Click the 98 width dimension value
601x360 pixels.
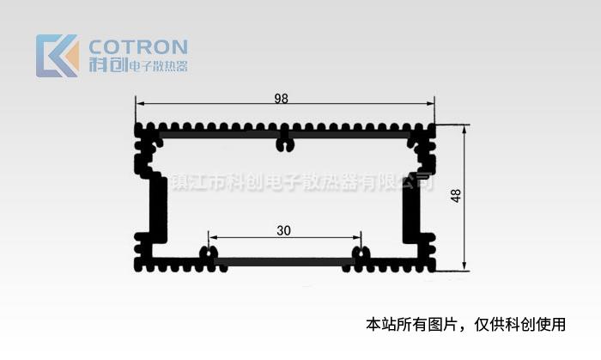pos(281,99)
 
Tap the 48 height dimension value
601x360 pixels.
pos(456,197)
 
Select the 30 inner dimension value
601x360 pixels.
pos(284,230)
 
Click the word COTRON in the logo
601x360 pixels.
pos(138,46)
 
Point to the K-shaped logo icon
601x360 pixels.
pos(57,56)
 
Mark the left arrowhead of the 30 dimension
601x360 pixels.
pos(211,237)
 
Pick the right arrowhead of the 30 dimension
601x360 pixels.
pos(357,237)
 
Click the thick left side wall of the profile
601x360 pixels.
pos(157,206)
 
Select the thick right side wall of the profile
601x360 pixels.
pos(410,206)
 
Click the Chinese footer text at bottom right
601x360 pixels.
pos(466,325)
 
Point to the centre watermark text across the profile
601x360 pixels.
pos(300,183)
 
